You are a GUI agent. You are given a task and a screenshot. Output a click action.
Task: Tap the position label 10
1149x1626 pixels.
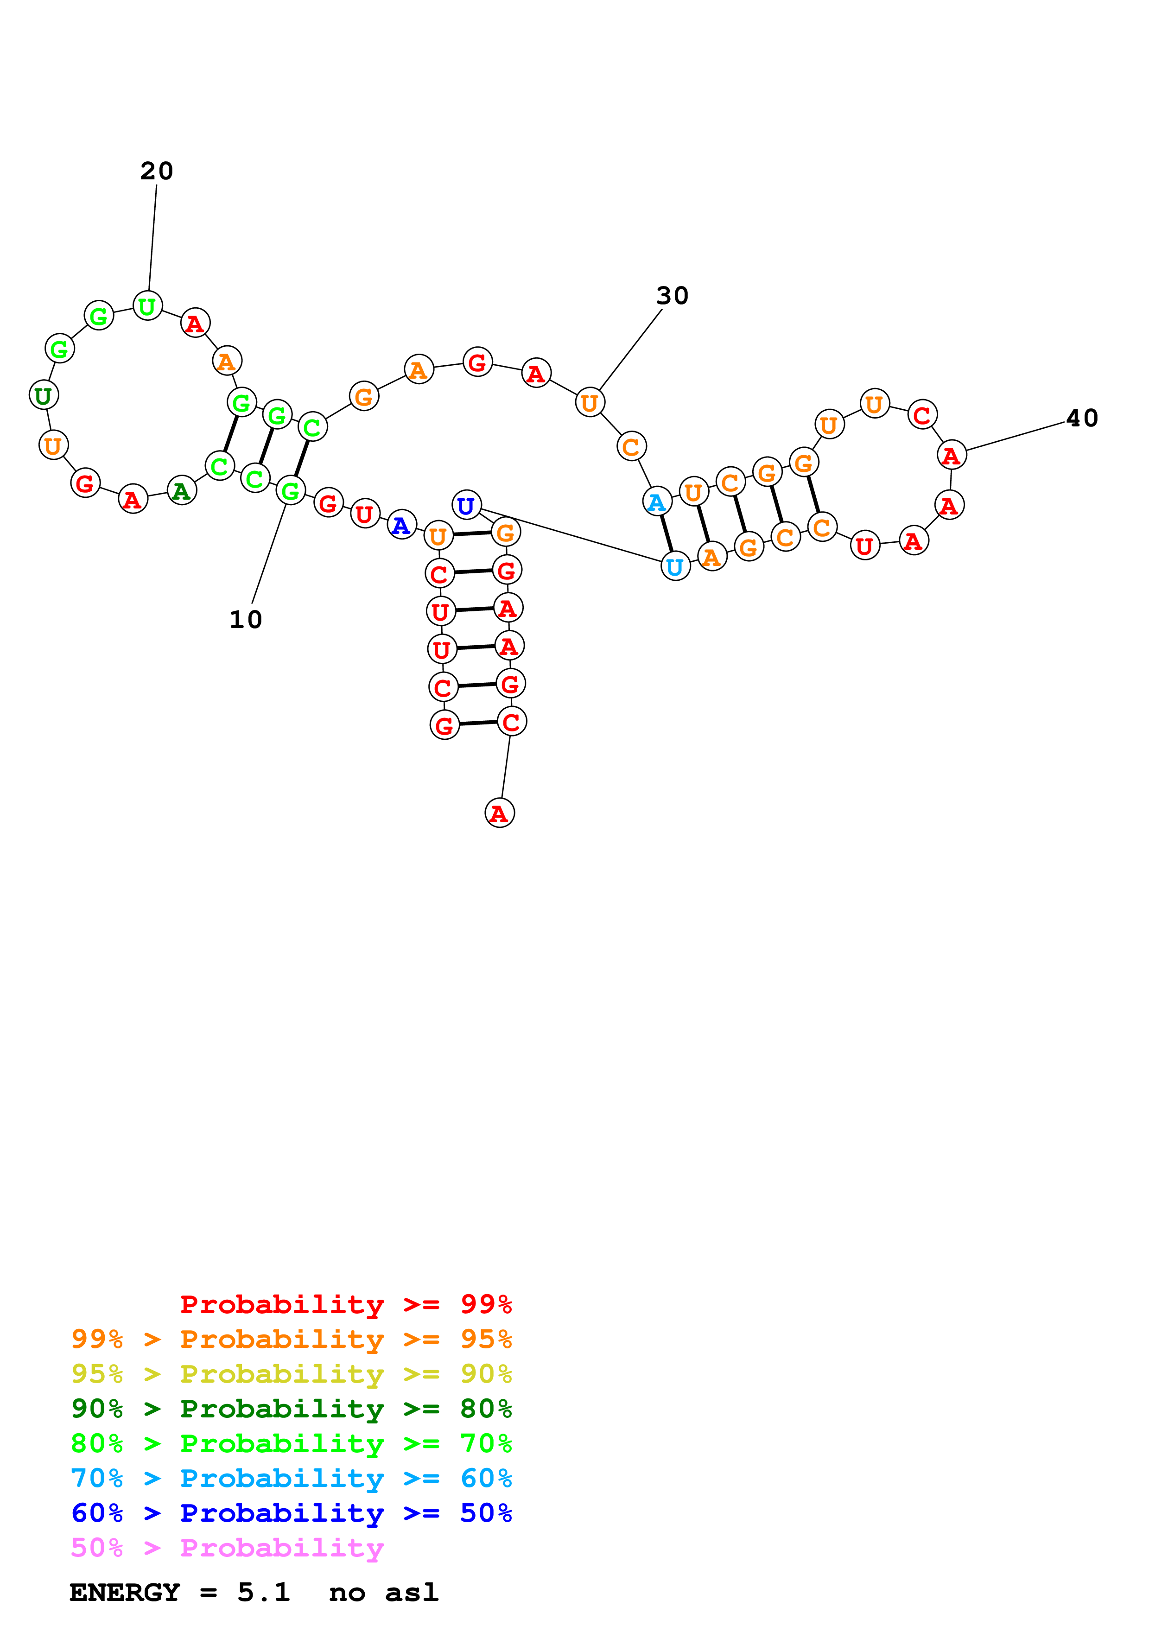pyautogui.click(x=246, y=620)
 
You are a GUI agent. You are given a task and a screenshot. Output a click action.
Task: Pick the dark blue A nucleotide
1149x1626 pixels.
pyautogui.click(x=401, y=525)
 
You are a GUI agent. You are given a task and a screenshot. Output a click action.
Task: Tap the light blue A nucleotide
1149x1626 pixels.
pyautogui.click(x=656, y=502)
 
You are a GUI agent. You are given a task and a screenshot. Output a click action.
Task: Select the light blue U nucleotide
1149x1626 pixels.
pyautogui.click(x=675, y=566)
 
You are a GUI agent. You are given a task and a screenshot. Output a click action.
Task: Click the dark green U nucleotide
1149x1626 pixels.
pyautogui.click(x=43, y=395)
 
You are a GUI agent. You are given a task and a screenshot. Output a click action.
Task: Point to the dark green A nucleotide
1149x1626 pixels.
pyautogui.click(x=181, y=491)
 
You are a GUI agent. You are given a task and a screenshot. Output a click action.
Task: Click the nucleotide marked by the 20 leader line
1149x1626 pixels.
pyautogui.click(x=147, y=306)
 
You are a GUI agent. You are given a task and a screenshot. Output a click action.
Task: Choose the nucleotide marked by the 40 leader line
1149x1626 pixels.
pyautogui.click(x=951, y=455)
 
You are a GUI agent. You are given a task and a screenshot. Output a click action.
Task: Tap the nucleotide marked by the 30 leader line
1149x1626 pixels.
pyautogui.click(x=589, y=402)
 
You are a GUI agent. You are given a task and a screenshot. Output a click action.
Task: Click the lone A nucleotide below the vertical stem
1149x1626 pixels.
pyautogui.click(x=499, y=813)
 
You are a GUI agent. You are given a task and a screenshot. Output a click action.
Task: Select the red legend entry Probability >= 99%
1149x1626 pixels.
pyautogui.click(x=345, y=1304)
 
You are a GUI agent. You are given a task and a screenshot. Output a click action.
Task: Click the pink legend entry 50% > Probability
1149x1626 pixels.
pyautogui.click(x=227, y=1547)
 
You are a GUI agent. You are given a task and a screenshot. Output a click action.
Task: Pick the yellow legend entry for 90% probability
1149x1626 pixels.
pyautogui.click(x=291, y=1373)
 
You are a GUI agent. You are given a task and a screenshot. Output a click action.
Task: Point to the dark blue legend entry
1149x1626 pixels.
pyautogui.click(x=291, y=1513)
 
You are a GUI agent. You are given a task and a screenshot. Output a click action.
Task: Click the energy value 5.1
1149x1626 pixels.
pyautogui.click(x=263, y=1592)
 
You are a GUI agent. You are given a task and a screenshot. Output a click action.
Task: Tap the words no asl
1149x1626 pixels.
pyautogui.click(x=384, y=1592)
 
